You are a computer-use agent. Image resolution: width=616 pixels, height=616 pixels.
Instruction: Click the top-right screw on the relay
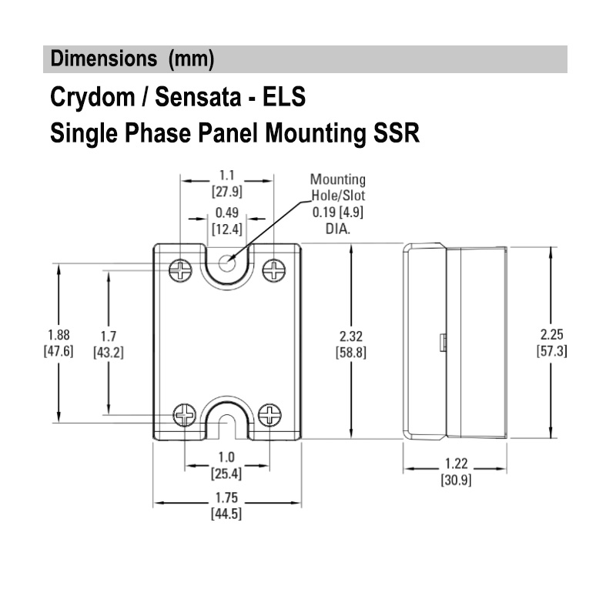[x=273, y=269]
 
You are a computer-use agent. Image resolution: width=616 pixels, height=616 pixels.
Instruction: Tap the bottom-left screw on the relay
[x=184, y=415]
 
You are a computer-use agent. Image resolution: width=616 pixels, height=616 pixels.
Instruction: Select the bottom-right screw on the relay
[x=269, y=415]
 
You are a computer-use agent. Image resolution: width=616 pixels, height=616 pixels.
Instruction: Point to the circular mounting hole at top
[x=226, y=263]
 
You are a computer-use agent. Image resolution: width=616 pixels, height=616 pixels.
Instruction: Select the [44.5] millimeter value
[x=226, y=514]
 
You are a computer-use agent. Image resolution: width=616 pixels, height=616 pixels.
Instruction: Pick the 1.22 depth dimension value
[x=456, y=466]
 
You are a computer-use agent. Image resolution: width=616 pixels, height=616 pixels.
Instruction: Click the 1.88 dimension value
[x=59, y=336]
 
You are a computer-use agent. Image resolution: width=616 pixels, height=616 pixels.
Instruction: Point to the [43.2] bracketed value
[x=108, y=352]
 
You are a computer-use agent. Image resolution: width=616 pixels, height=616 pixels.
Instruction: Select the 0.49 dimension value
[x=226, y=213]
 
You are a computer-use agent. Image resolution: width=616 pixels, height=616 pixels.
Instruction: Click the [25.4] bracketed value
[x=226, y=472]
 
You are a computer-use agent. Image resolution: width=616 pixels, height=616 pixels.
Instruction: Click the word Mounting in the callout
[x=337, y=180]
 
